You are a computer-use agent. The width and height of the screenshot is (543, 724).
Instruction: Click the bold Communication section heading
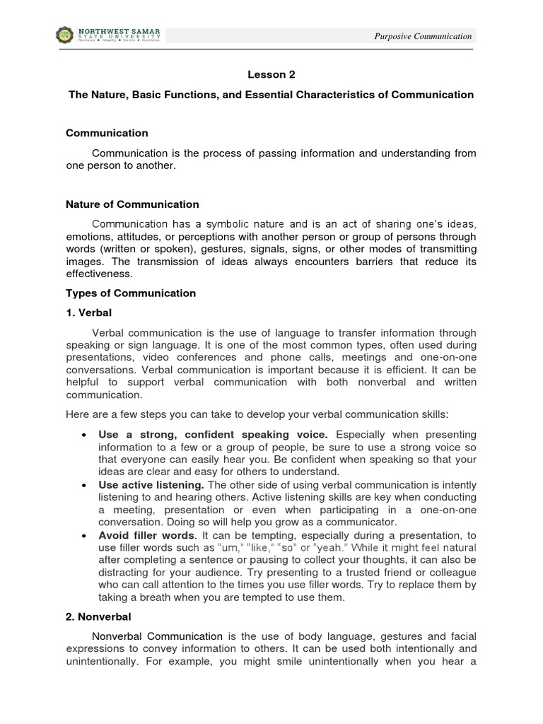[107, 133]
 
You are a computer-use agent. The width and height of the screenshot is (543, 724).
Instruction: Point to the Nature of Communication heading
[132, 204]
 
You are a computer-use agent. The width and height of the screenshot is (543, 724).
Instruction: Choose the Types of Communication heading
[131, 293]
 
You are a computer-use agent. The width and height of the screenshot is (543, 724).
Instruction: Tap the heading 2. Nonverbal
[98, 617]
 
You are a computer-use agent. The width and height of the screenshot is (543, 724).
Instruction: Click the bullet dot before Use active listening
[85, 485]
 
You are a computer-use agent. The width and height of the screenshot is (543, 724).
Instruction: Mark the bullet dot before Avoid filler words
[85, 536]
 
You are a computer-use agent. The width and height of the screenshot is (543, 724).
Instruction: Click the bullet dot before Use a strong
[85, 434]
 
